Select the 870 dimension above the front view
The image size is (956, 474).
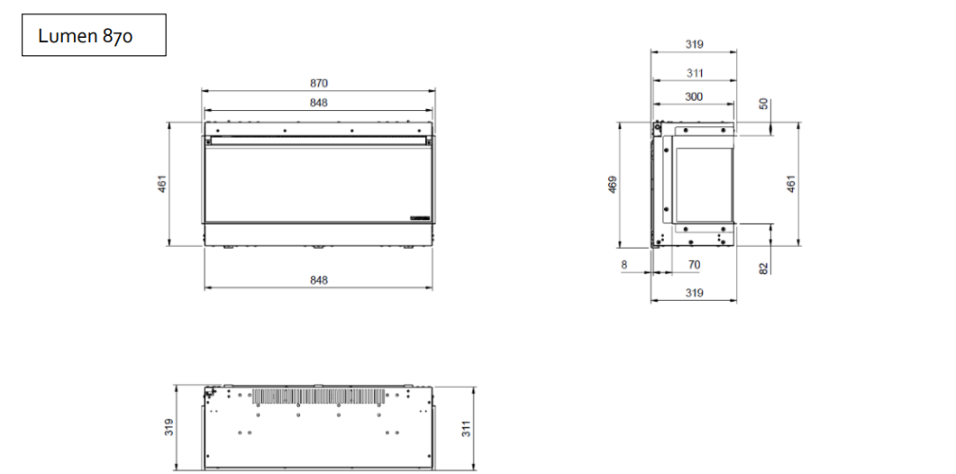click(x=318, y=83)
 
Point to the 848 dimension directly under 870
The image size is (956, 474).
click(x=318, y=103)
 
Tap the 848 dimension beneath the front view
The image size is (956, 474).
click(x=318, y=280)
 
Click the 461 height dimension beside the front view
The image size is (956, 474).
click(x=162, y=184)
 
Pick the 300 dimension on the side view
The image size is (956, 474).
click(x=694, y=96)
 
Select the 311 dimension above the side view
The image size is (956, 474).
click(x=695, y=73)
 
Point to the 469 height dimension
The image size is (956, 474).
click(x=613, y=185)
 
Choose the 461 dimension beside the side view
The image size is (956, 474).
click(x=791, y=184)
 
